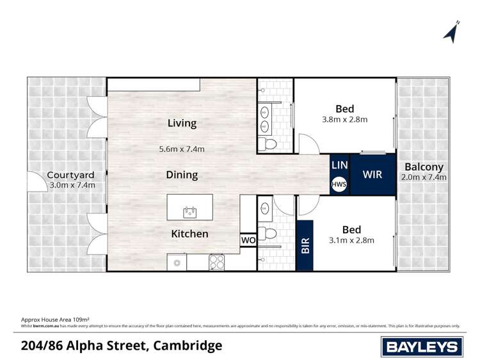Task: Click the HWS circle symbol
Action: tap(339, 184)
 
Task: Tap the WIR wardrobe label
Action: tap(372, 174)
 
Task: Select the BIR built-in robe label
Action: tap(305, 246)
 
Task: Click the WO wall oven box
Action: tap(248, 240)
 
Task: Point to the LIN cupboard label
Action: tap(339, 165)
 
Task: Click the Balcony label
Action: tap(422, 167)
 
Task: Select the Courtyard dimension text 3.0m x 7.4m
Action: tap(72, 186)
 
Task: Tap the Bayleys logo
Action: tap(422, 347)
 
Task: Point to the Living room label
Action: tap(182, 123)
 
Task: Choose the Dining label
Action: tap(182, 174)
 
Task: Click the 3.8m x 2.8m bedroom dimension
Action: tap(344, 119)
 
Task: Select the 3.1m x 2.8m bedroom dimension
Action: tap(351, 241)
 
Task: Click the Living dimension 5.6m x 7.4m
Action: tap(182, 149)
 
